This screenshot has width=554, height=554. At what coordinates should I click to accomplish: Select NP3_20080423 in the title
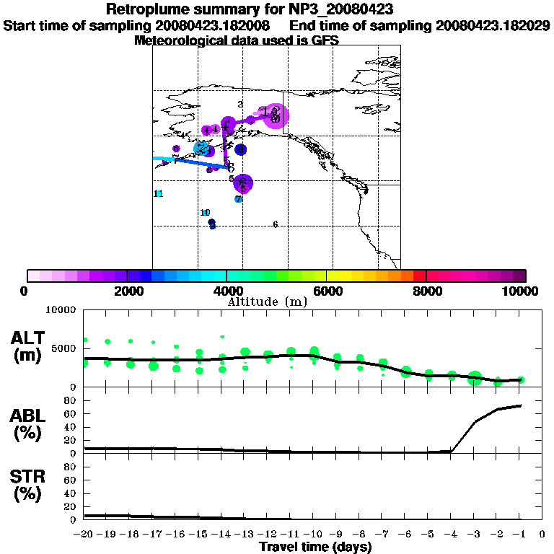(335, 9)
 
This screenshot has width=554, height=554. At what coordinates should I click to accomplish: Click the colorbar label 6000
(327, 291)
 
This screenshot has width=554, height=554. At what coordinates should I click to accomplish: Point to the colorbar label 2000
(127, 291)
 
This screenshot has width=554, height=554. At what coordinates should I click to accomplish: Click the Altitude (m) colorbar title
(266, 301)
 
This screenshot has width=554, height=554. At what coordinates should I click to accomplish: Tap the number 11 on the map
(159, 193)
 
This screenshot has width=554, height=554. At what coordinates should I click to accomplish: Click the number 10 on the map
(205, 213)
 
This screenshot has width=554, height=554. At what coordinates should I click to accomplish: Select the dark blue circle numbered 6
(240, 150)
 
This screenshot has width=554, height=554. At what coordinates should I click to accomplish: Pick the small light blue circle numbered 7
(238, 199)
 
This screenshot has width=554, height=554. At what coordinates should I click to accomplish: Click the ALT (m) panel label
(29, 346)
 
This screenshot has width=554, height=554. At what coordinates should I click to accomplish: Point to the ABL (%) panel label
(29, 426)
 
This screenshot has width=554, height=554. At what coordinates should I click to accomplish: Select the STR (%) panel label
(29, 485)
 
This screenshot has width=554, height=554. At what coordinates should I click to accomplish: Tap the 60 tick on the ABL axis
(71, 413)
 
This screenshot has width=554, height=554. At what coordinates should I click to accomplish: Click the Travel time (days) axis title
(315, 548)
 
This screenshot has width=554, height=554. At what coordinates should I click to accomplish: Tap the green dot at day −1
(520, 379)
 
